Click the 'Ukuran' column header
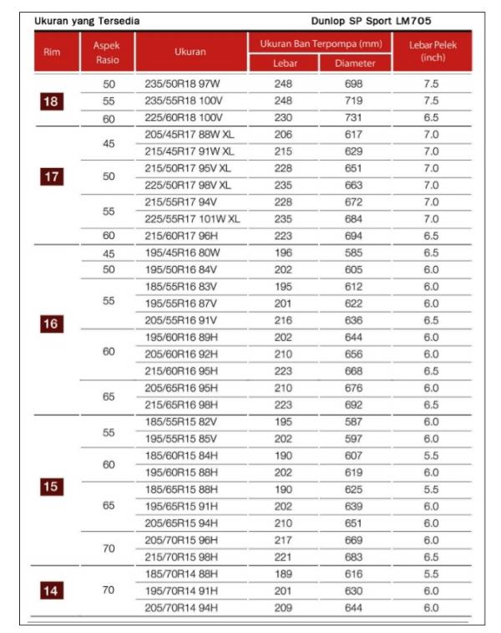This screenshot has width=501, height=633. (x=190, y=52)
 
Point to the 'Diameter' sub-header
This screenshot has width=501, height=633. (x=354, y=64)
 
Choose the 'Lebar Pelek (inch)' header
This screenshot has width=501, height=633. (x=431, y=51)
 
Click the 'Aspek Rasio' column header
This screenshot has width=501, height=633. (x=109, y=52)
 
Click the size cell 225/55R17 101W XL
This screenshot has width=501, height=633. (x=192, y=219)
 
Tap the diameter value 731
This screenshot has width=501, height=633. (x=354, y=119)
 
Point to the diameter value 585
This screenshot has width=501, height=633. (x=354, y=253)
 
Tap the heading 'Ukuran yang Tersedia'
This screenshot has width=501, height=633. (x=87, y=20)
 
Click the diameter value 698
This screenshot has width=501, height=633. (x=354, y=84)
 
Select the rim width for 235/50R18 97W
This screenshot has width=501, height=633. (x=431, y=84)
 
